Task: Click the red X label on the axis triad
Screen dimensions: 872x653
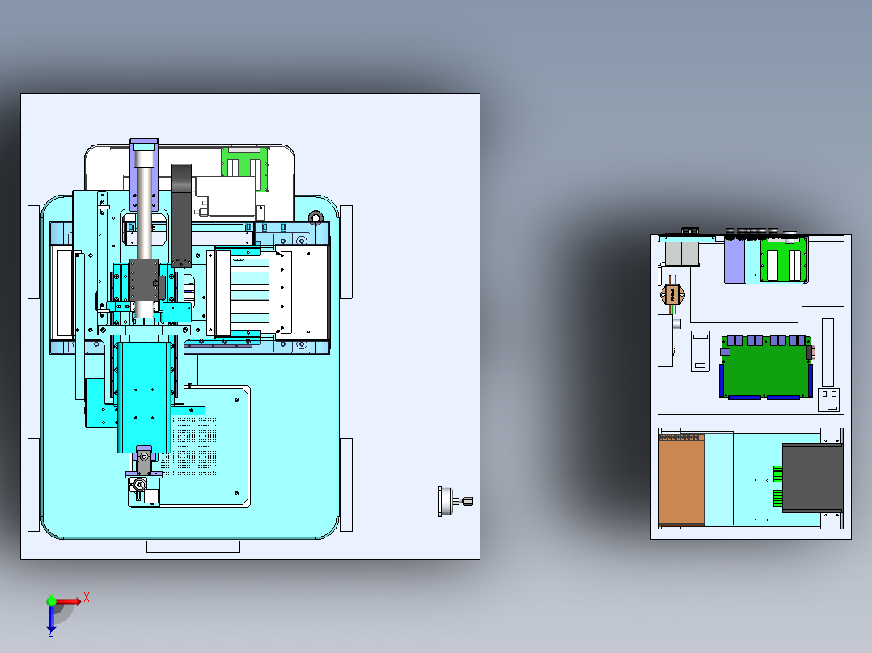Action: coord(87,598)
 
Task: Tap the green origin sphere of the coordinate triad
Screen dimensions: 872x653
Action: coord(51,600)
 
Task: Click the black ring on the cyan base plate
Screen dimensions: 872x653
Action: coord(315,217)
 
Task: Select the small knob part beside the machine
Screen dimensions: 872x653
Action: coord(455,501)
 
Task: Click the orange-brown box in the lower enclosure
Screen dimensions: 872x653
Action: coord(681,479)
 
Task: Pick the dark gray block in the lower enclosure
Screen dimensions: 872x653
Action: coord(812,478)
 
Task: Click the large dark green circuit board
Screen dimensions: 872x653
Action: coord(766,367)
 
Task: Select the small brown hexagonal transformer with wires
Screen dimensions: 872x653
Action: coord(671,294)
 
